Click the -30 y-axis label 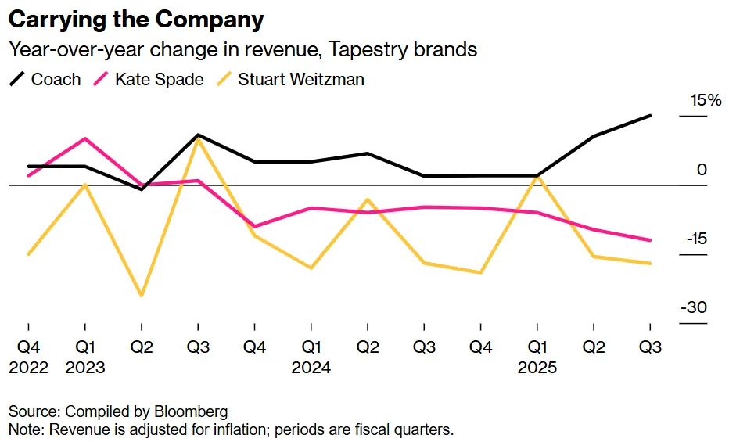[693, 307]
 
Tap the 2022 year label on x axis [28, 367]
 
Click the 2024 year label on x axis [311, 367]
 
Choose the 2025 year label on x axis [537, 367]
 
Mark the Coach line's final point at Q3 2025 [650, 116]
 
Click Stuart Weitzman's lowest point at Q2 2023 [142, 296]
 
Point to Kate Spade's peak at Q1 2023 [84, 138]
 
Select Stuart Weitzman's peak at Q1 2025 [537, 177]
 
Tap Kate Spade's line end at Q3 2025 [650, 240]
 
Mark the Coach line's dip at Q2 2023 [142, 189]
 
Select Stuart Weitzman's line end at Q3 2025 [650, 263]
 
